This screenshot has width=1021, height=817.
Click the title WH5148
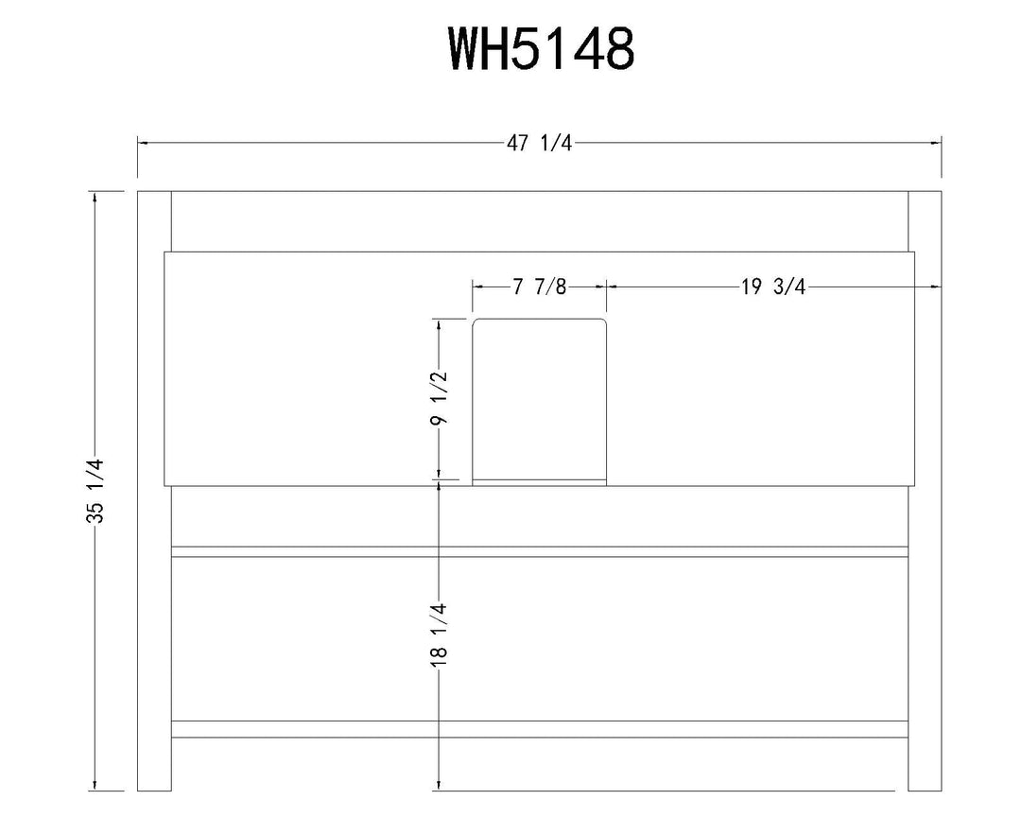coord(540,49)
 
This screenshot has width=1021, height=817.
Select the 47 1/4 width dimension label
coord(540,143)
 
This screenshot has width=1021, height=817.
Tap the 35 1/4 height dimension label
coord(95,491)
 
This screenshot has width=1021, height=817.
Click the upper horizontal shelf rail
coord(540,552)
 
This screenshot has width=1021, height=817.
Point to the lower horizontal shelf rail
coord(540,729)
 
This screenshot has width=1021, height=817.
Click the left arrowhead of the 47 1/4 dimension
coord(142,143)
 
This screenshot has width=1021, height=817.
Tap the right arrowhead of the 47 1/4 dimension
coord(938,143)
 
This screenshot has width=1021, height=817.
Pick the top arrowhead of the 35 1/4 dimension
coord(95,196)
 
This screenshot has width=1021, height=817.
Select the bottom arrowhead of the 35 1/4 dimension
coord(95,786)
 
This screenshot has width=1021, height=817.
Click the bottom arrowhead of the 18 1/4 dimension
coord(440,786)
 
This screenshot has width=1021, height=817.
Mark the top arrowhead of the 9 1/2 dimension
coord(440,322)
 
